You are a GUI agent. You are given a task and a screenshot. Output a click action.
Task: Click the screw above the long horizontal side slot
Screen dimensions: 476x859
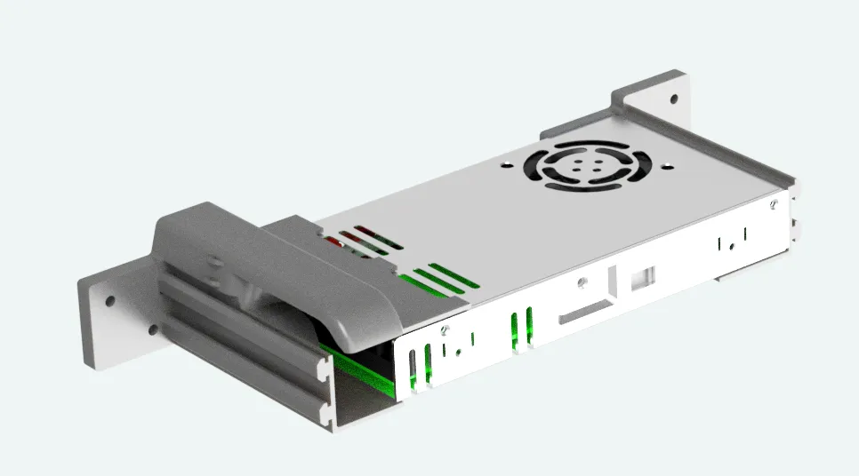coord(582,284)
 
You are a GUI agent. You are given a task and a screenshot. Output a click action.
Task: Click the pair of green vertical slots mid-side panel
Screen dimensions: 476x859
coord(522,328)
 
